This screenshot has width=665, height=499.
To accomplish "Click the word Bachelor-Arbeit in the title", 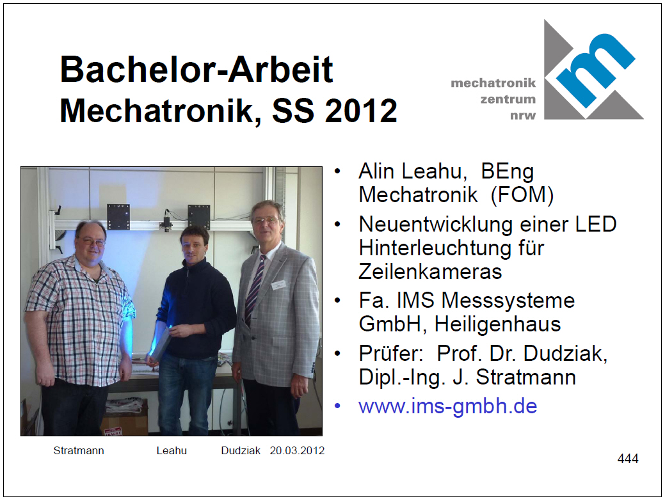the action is tap(196, 69).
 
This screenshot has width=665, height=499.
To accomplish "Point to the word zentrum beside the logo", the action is tap(508, 99).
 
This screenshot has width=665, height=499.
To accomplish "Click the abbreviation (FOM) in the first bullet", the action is tap(522, 195).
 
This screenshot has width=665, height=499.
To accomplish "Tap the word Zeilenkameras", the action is tap(430, 272).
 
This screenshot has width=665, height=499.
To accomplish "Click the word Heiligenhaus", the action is tap(497, 324).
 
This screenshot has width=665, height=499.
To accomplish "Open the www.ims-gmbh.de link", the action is tap(448, 406).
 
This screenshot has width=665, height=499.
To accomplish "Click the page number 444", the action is tap(628, 458).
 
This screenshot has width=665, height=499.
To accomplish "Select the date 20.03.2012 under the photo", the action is tap(297, 450).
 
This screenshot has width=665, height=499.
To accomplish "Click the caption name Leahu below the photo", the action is tap(172, 450).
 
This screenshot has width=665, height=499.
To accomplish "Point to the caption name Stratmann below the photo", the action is tap(79, 450).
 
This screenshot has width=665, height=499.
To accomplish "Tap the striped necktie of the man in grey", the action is tap(255, 289).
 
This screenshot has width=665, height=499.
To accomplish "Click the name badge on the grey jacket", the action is tap(278, 285).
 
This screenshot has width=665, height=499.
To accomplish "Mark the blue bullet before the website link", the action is tap(337, 406).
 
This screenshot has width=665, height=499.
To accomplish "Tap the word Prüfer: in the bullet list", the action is tap(390, 354).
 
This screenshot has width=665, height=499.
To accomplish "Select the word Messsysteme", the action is tap(508, 301).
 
